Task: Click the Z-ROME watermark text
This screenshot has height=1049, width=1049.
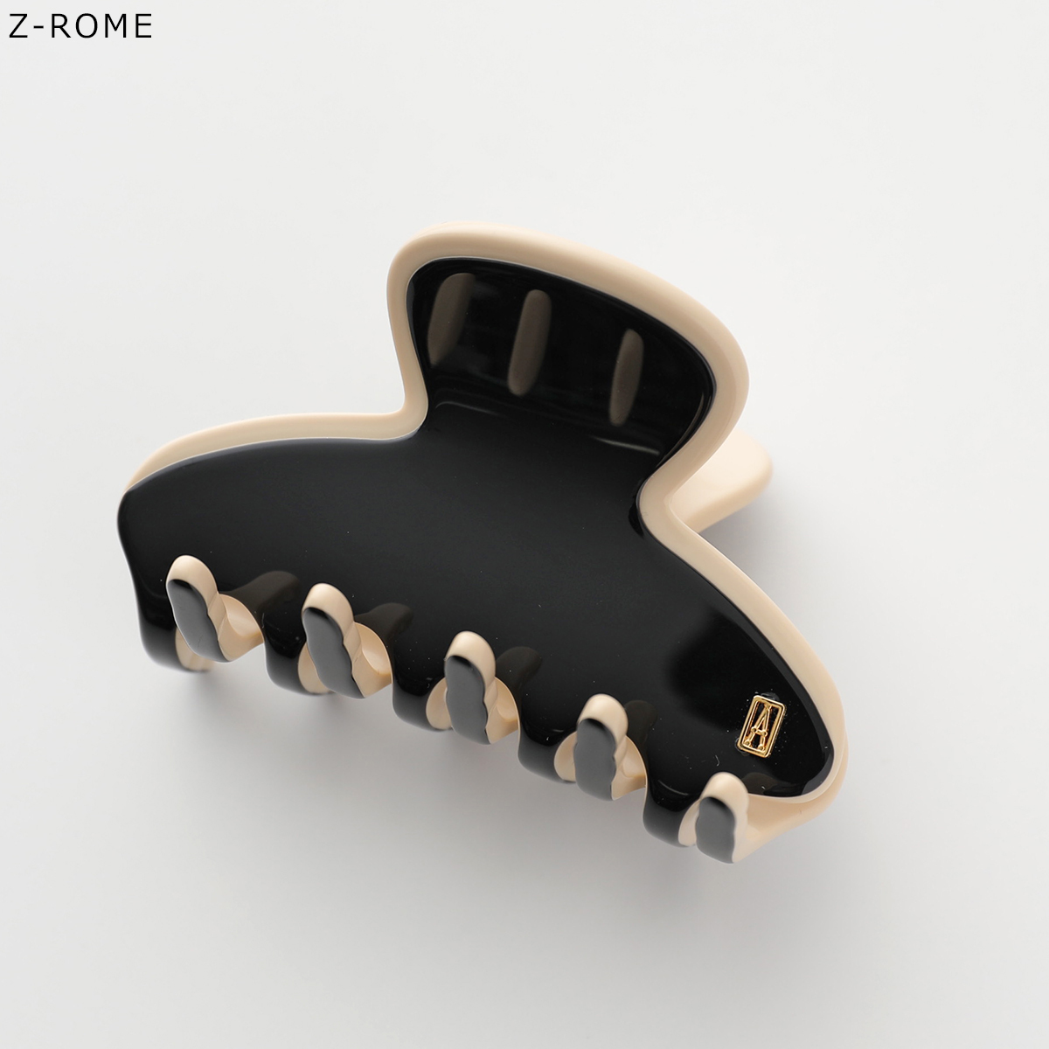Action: coord(80,26)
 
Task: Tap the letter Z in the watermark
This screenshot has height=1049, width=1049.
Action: coord(18,26)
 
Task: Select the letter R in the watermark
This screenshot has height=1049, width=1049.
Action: coord(61,26)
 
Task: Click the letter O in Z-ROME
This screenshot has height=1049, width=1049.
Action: coord(87,26)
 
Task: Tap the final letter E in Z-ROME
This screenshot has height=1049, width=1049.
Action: coord(143,26)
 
